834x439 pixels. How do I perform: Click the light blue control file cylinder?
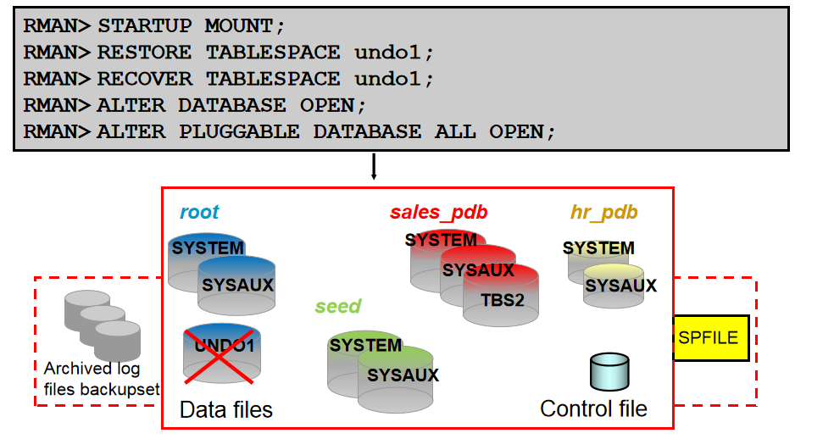[609, 372]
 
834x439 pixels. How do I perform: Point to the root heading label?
[199, 212]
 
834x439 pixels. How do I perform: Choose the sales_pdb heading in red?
[438, 212]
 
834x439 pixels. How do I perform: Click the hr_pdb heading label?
[604, 212]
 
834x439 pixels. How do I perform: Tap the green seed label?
[337, 306]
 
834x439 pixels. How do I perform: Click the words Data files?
[226, 410]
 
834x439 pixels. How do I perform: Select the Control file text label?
[593, 408]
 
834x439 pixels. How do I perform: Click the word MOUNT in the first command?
[238, 26]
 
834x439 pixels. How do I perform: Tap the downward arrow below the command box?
[373, 167]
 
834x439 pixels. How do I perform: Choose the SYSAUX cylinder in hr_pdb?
[620, 286]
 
